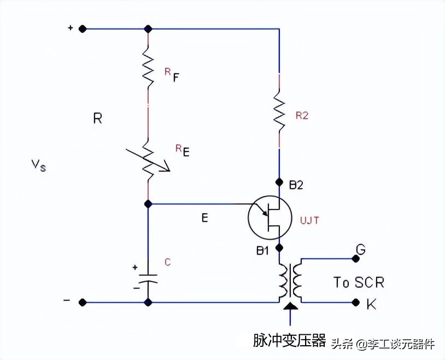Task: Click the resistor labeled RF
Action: [x=148, y=66]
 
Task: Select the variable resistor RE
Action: [x=149, y=159]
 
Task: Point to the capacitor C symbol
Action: [x=148, y=277]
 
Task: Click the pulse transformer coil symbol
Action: [x=290, y=280]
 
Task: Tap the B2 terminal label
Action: [x=296, y=185]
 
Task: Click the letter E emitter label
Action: [x=204, y=218]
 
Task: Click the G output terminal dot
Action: [x=355, y=258]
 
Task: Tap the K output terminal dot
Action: [x=355, y=301]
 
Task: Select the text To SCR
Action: [x=359, y=282]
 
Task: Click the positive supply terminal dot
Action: [x=82, y=28]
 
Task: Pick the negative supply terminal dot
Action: [x=82, y=301]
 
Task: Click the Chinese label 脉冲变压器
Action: [x=289, y=341]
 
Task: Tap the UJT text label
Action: [x=309, y=220]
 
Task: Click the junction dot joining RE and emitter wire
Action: [x=148, y=204]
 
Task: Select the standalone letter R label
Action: [x=97, y=118]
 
